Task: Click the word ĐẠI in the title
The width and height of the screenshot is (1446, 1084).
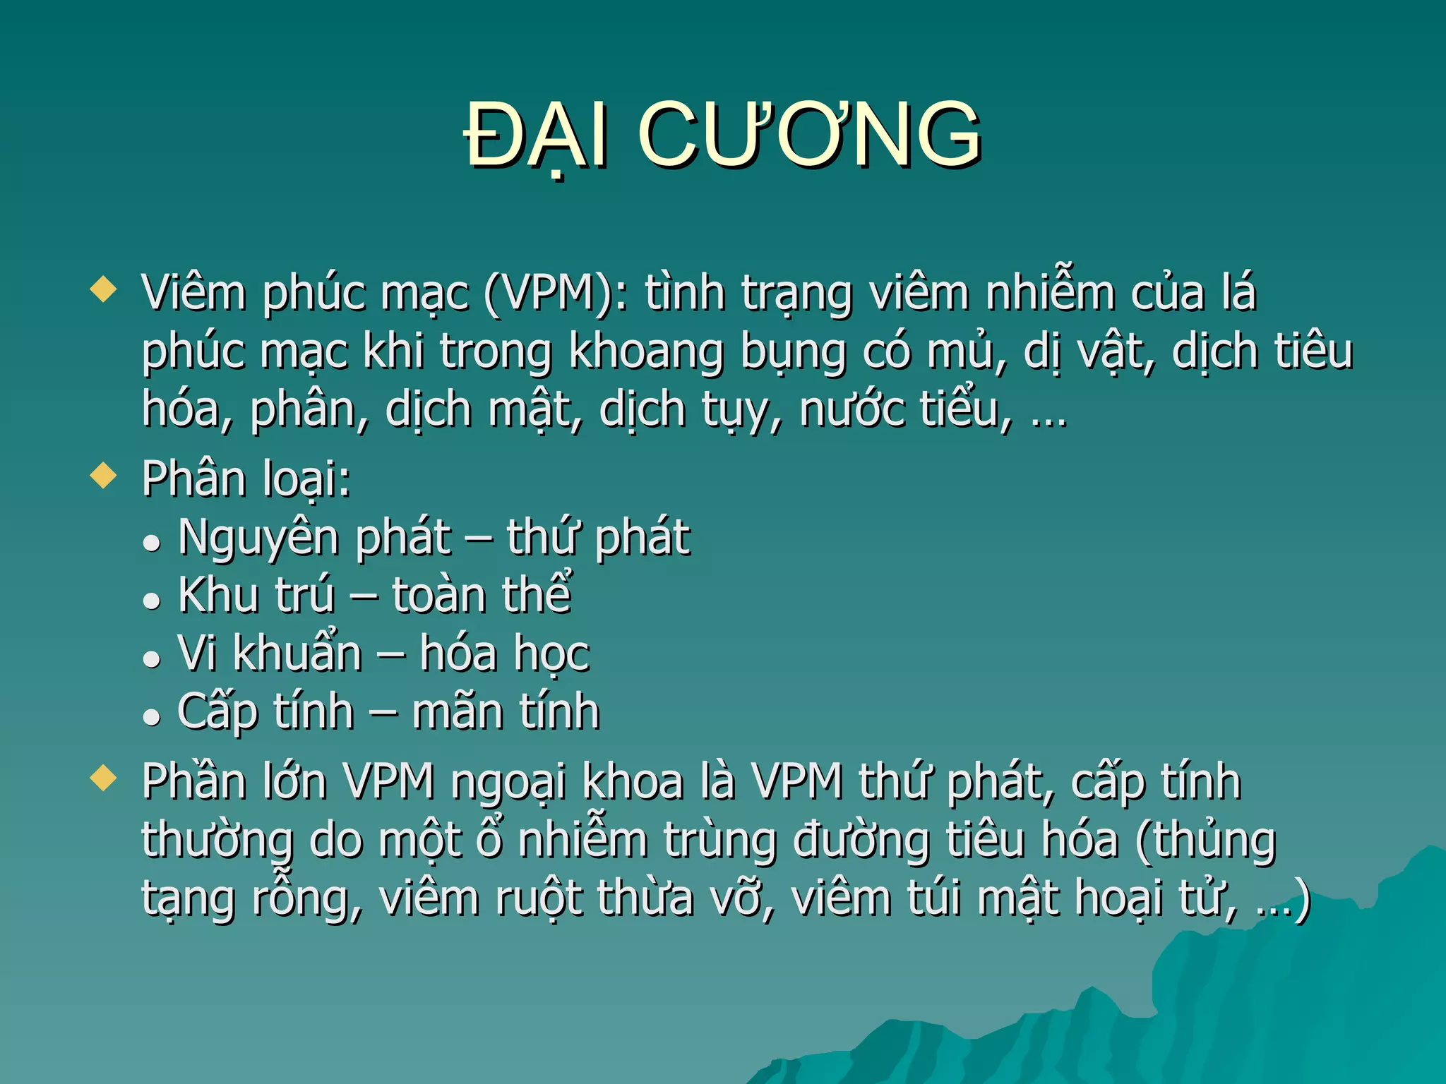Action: [x=537, y=135]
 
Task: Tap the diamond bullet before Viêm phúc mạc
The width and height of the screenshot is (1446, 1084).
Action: [x=104, y=289]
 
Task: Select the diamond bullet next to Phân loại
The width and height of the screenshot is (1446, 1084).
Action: [x=104, y=476]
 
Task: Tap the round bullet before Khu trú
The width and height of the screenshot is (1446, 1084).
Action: [x=151, y=601]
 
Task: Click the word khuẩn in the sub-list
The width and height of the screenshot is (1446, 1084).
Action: [x=297, y=654]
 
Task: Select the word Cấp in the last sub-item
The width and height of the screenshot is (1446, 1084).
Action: [x=217, y=711]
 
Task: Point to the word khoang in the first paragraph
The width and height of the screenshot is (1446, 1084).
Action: [x=646, y=352]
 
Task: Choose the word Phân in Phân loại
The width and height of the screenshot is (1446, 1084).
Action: [x=193, y=479]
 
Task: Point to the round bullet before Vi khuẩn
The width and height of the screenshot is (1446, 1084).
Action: [x=151, y=658]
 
